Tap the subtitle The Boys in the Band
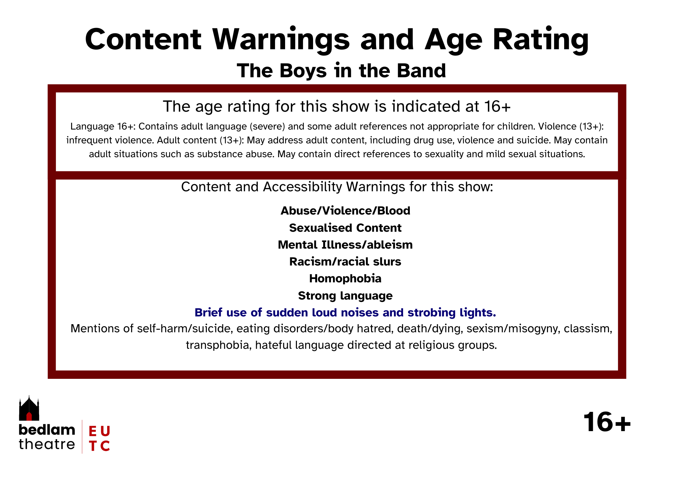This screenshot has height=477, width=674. coord(341,71)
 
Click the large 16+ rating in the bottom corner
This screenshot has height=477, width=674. coord(607,422)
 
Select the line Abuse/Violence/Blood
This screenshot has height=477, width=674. coord(345,211)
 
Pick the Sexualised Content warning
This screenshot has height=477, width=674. coord(345,228)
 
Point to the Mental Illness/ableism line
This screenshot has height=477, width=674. coord(345,245)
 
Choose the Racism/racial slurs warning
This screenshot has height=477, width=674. coord(345,261)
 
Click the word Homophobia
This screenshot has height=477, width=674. coord(345,278)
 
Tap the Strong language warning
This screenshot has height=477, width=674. coord(345,296)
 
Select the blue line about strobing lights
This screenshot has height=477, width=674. coord(345,313)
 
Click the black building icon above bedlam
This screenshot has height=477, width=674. coord(29,408)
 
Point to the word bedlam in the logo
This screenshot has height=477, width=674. coord(47,430)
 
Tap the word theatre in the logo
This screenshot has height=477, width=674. coord(47,444)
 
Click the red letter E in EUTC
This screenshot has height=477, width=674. coord(92,431)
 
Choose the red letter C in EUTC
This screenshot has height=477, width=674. coord(105,446)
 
